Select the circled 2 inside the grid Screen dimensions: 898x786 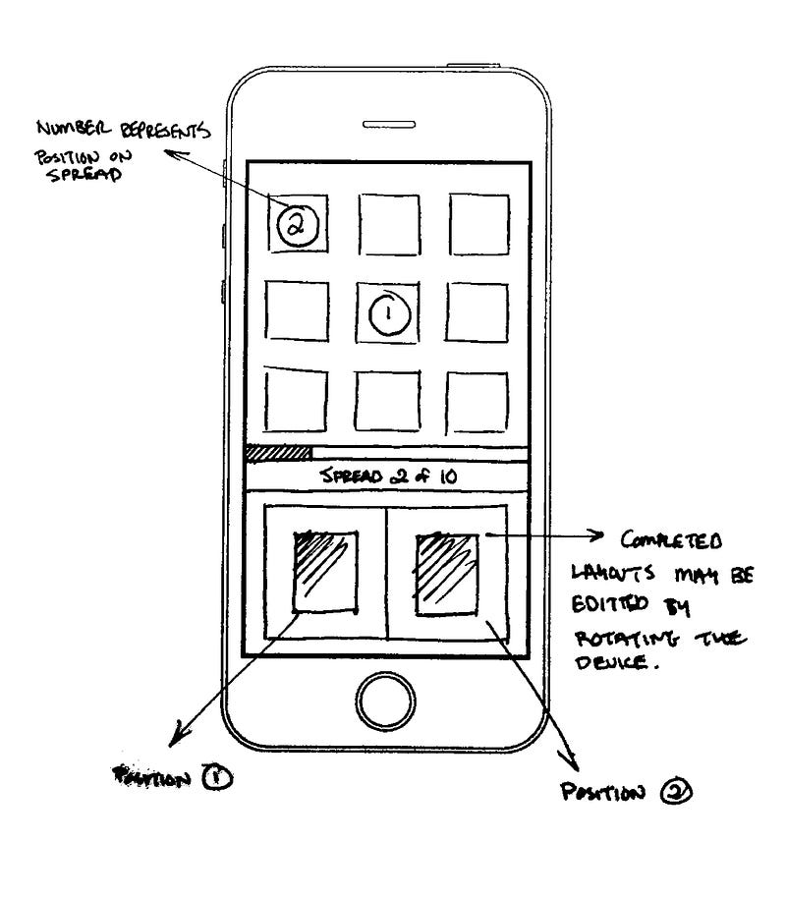tap(294, 225)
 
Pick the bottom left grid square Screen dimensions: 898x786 tap(296, 401)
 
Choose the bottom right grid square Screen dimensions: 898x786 tap(477, 402)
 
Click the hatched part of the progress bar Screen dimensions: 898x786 tap(278, 453)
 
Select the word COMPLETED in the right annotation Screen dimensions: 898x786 tap(672, 541)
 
